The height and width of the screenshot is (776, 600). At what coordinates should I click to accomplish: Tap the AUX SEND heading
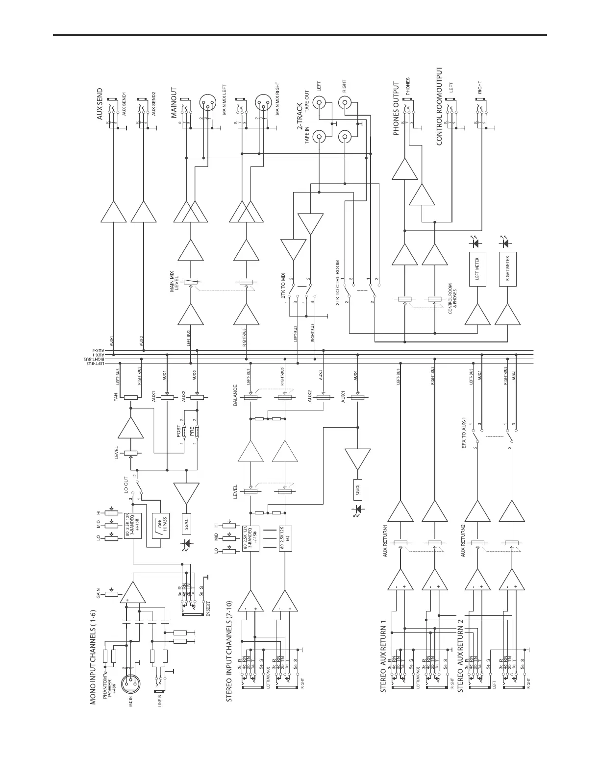100,104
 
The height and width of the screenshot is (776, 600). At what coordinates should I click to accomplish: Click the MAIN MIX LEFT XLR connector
207,104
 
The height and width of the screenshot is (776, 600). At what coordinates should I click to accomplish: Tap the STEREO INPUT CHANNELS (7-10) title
228,651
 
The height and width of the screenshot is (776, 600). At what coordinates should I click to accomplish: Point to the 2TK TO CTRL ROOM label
338,282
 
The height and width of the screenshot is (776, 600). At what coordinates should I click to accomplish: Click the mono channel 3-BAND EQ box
131,526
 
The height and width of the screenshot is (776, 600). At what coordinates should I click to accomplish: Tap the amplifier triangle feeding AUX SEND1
114,213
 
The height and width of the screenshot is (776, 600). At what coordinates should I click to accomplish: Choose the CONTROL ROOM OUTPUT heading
439,106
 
